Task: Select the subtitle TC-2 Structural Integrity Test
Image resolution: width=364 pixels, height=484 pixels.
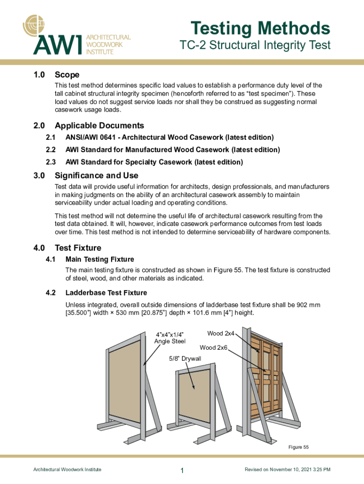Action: pos(255,46)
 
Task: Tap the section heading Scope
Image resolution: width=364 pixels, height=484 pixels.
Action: pos(67,75)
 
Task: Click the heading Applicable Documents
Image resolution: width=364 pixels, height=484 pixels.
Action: pos(99,125)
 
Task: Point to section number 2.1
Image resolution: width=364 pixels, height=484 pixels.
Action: pos(51,138)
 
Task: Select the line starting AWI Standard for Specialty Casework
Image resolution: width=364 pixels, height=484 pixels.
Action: pos(154,162)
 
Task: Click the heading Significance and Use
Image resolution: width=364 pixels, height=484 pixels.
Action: pos(96,175)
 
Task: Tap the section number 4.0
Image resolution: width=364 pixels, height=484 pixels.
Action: pos(39,248)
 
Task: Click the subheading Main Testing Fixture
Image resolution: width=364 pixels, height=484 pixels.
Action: pos(100,259)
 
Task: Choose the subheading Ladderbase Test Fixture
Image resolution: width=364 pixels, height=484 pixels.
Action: pos(106,293)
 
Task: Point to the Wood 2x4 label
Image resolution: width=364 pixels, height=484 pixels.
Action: pos(221,334)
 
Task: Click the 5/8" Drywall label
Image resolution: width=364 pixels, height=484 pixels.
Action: pos(185,359)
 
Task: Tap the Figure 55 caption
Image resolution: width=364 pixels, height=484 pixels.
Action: pos(298,447)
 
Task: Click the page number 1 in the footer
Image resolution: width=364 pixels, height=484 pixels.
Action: pos(182,470)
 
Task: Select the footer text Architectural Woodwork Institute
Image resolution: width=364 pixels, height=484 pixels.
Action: pos(67,469)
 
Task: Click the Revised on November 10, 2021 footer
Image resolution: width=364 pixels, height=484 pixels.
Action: pos(287,469)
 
